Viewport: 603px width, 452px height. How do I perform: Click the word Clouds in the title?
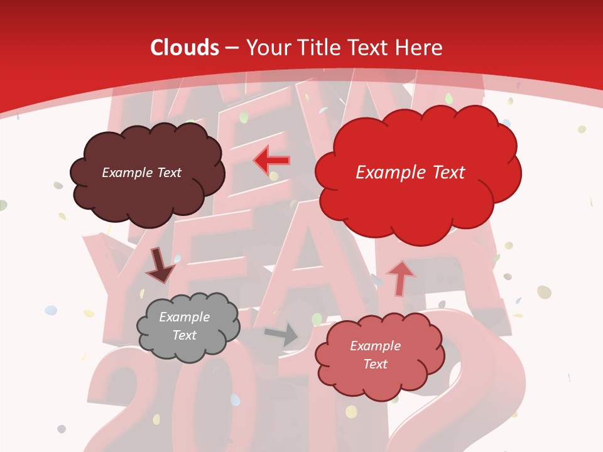click(185, 48)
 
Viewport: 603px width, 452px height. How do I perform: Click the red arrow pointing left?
click(271, 161)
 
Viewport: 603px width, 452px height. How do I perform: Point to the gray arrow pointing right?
click(282, 334)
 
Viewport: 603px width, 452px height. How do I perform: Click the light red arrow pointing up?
click(400, 277)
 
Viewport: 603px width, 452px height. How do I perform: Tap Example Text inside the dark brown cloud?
click(141, 173)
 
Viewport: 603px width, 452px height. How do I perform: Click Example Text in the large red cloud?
click(410, 173)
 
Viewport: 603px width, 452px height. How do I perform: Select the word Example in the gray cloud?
click(184, 317)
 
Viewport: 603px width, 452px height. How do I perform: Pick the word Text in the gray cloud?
click(184, 335)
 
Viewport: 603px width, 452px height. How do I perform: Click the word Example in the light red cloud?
click(375, 346)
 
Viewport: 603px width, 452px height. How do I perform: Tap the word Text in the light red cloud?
click(375, 364)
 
